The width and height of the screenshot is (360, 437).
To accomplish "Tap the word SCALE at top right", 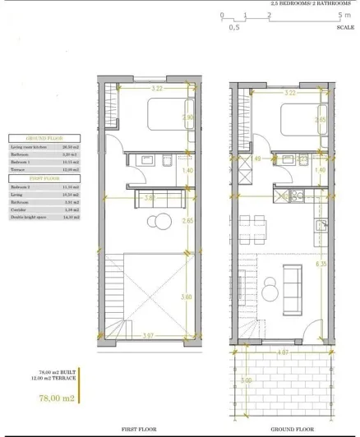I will coord(344,27).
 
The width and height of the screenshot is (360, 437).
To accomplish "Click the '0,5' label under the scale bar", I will coord(234,27).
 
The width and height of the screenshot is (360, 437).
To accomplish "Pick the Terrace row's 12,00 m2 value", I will coord(72,169).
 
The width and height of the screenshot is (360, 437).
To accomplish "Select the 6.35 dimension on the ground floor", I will coord(321,264).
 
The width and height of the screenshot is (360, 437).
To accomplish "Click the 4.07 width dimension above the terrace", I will coord(284,353).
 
